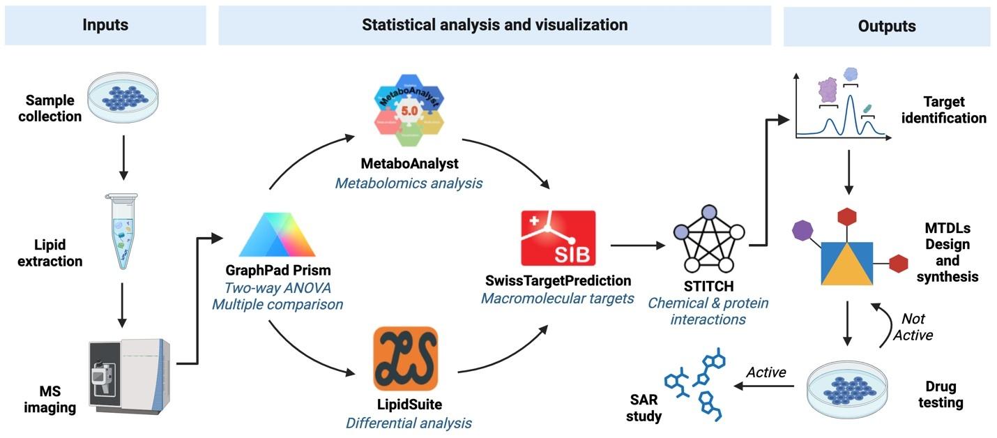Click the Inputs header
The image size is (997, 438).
click(105, 25)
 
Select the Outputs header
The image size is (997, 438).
click(886, 27)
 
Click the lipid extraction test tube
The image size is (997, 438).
click(123, 231)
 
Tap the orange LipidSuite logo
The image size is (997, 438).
click(405, 358)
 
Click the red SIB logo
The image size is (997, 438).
click(558, 239)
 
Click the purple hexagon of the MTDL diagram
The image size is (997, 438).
click(803, 229)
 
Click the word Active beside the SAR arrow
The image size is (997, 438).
click(766, 372)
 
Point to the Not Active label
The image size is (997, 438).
click(913, 326)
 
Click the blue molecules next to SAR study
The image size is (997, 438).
click(693, 387)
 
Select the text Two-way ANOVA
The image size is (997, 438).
click(276, 287)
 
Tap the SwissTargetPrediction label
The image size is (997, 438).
click(558, 280)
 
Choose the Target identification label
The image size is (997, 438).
click(943, 109)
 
